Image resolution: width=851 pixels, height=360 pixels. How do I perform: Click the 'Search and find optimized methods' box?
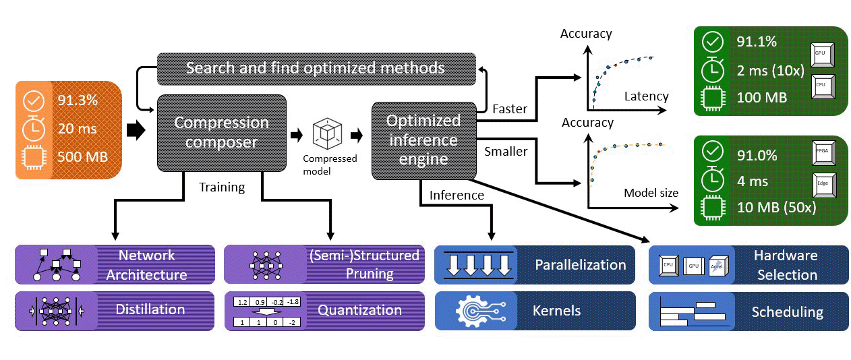(x=315, y=68)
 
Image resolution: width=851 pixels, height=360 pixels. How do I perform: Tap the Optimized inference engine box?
(x=423, y=140)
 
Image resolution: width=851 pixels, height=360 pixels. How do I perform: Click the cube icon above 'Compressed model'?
(x=329, y=134)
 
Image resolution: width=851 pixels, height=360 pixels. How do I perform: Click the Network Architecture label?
(x=146, y=264)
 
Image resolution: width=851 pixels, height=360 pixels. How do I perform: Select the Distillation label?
(x=150, y=309)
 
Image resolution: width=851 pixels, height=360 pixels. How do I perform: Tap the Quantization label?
(x=359, y=310)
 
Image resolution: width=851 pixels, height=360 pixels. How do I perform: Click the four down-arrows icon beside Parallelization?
(x=476, y=264)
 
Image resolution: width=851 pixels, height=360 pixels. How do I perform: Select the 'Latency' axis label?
(x=646, y=96)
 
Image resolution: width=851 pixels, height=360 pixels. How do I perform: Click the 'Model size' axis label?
(x=651, y=193)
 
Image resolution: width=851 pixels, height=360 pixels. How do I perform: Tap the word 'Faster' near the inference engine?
(x=510, y=108)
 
